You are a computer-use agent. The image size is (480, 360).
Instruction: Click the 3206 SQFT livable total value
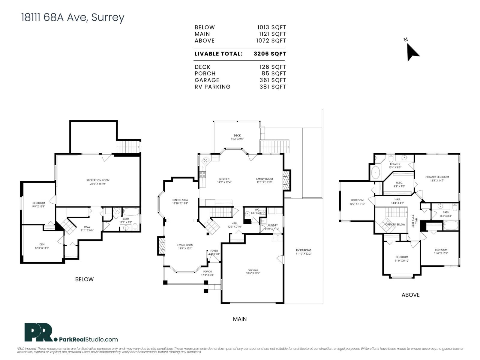pyautogui.click(x=270, y=54)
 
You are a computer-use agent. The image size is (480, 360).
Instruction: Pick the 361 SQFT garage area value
pyautogui.click(x=272, y=80)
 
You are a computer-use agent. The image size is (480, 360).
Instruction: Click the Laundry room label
pyautogui.click(x=272, y=225)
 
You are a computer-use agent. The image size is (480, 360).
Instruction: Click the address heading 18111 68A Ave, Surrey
pyautogui.click(x=73, y=17)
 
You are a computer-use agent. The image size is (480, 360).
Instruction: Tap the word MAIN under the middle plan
pyautogui.click(x=240, y=319)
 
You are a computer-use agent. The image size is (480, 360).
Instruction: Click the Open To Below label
pyautogui.click(x=395, y=224)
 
